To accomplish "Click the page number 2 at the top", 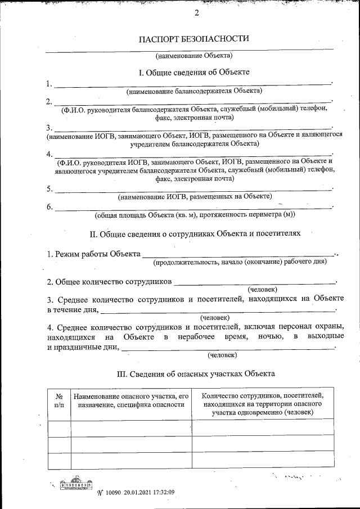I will point(197,13).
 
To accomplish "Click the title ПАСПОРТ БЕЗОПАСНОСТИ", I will point(193,39).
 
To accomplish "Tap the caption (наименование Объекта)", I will point(194,55).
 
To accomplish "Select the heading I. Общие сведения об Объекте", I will point(194,73).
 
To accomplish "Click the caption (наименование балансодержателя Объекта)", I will point(195,90).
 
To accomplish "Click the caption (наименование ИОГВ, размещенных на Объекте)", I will point(195,197).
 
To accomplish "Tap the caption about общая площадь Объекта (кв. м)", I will point(195,214).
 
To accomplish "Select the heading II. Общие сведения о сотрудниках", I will point(195,232).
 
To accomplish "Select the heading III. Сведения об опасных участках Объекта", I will point(195,373).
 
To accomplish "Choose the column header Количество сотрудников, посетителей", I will point(262,404).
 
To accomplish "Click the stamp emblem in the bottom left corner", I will point(76,485).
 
